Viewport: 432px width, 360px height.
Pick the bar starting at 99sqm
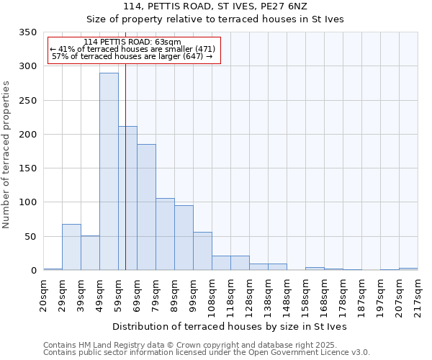[202, 251]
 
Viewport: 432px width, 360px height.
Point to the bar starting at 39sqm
[90, 253]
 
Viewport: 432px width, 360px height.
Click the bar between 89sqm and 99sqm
[184, 238]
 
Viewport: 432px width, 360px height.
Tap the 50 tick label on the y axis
[30, 237]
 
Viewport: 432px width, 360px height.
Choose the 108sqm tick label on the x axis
[212, 296]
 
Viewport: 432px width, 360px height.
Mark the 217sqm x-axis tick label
[418, 296]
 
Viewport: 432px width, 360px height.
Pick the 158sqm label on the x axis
[305, 296]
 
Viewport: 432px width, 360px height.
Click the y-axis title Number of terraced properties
[7, 155]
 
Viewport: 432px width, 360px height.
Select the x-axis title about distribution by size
[230, 327]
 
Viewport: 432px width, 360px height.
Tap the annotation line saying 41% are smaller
[133, 49]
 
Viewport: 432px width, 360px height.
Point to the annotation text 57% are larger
[132, 56]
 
